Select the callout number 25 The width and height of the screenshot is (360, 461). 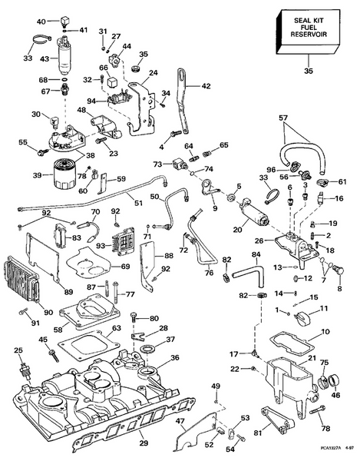pos(18,351)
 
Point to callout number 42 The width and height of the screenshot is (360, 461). pos(205,87)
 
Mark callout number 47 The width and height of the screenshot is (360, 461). pos(181,422)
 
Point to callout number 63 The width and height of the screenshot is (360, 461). pos(115,329)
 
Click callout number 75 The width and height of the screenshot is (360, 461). pos(324,363)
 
